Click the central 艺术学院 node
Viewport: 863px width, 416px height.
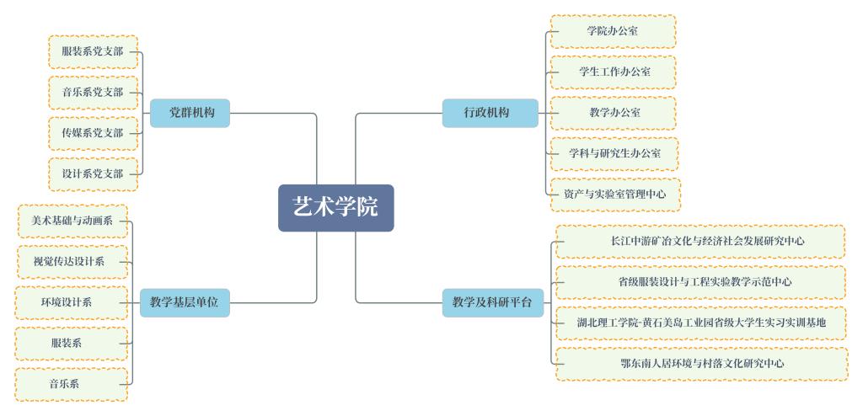pyautogui.click(x=335, y=207)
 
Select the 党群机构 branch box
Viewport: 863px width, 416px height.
pyautogui.click(x=190, y=113)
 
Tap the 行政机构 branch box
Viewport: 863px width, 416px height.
pyautogui.click(x=490, y=113)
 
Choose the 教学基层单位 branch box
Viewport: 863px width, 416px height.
pyautogui.click(x=184, y=302)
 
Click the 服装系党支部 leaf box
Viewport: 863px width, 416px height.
pyautogui.click(x=93, y=52)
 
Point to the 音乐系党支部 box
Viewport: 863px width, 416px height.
pyautogui.click(x=93, y=93)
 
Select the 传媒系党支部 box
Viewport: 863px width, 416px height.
pyautogui.click(x=93, y=133)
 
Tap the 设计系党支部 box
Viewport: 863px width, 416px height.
pyautogui.click(x=93, y=174)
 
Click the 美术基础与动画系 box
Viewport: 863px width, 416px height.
pyautogui.click(x=72, y=221)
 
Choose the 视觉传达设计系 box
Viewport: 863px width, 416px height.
pyautogui.click(x=72, y=262)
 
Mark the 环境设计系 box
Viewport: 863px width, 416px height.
pyautogui.click(x=72, y=302)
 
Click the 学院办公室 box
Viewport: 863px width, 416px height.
pyautogui.click(x=613, y=31)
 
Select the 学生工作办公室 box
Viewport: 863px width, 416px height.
pyautogui.click(x=614, y=72)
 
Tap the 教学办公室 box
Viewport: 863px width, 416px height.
pyautogui.click(x=614, y=113)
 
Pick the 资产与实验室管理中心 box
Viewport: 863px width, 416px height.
pyautogui.click(x=614, y=195)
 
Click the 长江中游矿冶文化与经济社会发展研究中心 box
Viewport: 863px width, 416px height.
pyautogui.click(x=700, y=242)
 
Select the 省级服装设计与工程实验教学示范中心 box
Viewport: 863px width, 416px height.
pyautogui.click(x=700, y=282)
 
